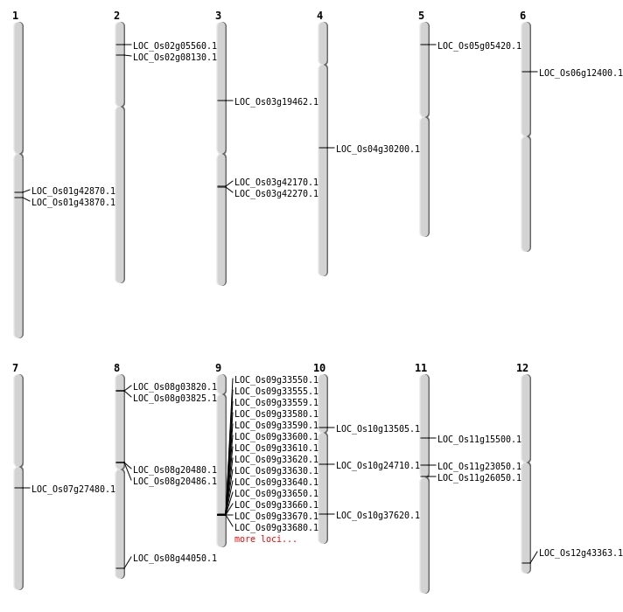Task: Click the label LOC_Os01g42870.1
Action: coord(73,191)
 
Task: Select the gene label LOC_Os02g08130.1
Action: coord(175,57)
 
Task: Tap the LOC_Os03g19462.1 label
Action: coord(276,101)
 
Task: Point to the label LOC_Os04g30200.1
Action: coord(378,149)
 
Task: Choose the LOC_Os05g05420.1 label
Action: coord(479,45)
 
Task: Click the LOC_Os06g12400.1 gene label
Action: coord(581,73)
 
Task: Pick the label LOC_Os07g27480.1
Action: coord(73,489)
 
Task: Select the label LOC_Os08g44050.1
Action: coord(175,558)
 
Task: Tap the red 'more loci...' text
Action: coord(266,539)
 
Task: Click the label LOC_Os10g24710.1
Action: coord(378,465)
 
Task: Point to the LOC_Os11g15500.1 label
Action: coord(479,439)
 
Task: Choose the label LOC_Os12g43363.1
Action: coord(581,553)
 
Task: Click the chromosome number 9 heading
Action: coord(218,368)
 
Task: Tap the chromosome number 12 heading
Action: coord(522,368)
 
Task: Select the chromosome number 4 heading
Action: coord(319,16)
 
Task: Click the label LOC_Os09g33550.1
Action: coord(276,379)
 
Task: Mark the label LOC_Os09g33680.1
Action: coord(276,527)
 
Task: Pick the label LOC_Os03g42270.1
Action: coord(276,193)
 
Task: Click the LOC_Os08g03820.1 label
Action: coord(175,386)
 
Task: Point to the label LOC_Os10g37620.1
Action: coord(378,515)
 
